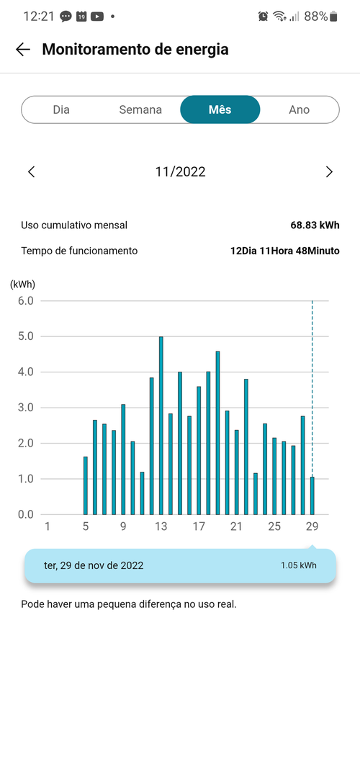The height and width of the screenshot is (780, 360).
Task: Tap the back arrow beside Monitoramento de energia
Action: coord(23,49)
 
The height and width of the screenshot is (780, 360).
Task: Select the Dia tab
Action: coord(61,109)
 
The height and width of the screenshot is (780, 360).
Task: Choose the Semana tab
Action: coord(140,109)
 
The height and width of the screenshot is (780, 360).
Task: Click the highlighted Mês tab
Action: coord(220,109)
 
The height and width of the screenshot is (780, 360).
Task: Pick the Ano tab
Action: coord(300,109)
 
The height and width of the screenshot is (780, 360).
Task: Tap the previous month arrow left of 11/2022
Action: coord(32,172)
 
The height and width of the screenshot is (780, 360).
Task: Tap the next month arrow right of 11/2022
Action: coord(328,172)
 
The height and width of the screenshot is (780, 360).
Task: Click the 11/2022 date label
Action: coord(180,172)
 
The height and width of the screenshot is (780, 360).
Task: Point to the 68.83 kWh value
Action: coord(315,225)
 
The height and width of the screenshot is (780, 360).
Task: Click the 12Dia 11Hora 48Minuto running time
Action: coord(285,251)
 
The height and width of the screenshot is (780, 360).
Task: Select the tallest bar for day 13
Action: coord(161,426)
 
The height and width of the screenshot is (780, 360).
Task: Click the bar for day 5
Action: coord(86,485)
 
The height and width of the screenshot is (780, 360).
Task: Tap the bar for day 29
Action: coord(312,496)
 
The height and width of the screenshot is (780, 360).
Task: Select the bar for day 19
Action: coord(217,433)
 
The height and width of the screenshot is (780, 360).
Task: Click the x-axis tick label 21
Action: coord(236,526)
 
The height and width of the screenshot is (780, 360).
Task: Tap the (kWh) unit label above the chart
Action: coord(22,284)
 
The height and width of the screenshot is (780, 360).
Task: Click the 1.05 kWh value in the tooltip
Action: coord(298,565)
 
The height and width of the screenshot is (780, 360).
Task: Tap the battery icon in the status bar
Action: coord(333,17)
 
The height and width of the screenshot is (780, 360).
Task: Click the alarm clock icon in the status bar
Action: coord(263,17)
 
